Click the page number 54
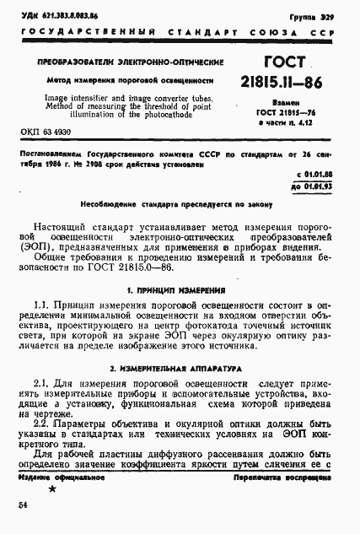coord(23,504)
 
